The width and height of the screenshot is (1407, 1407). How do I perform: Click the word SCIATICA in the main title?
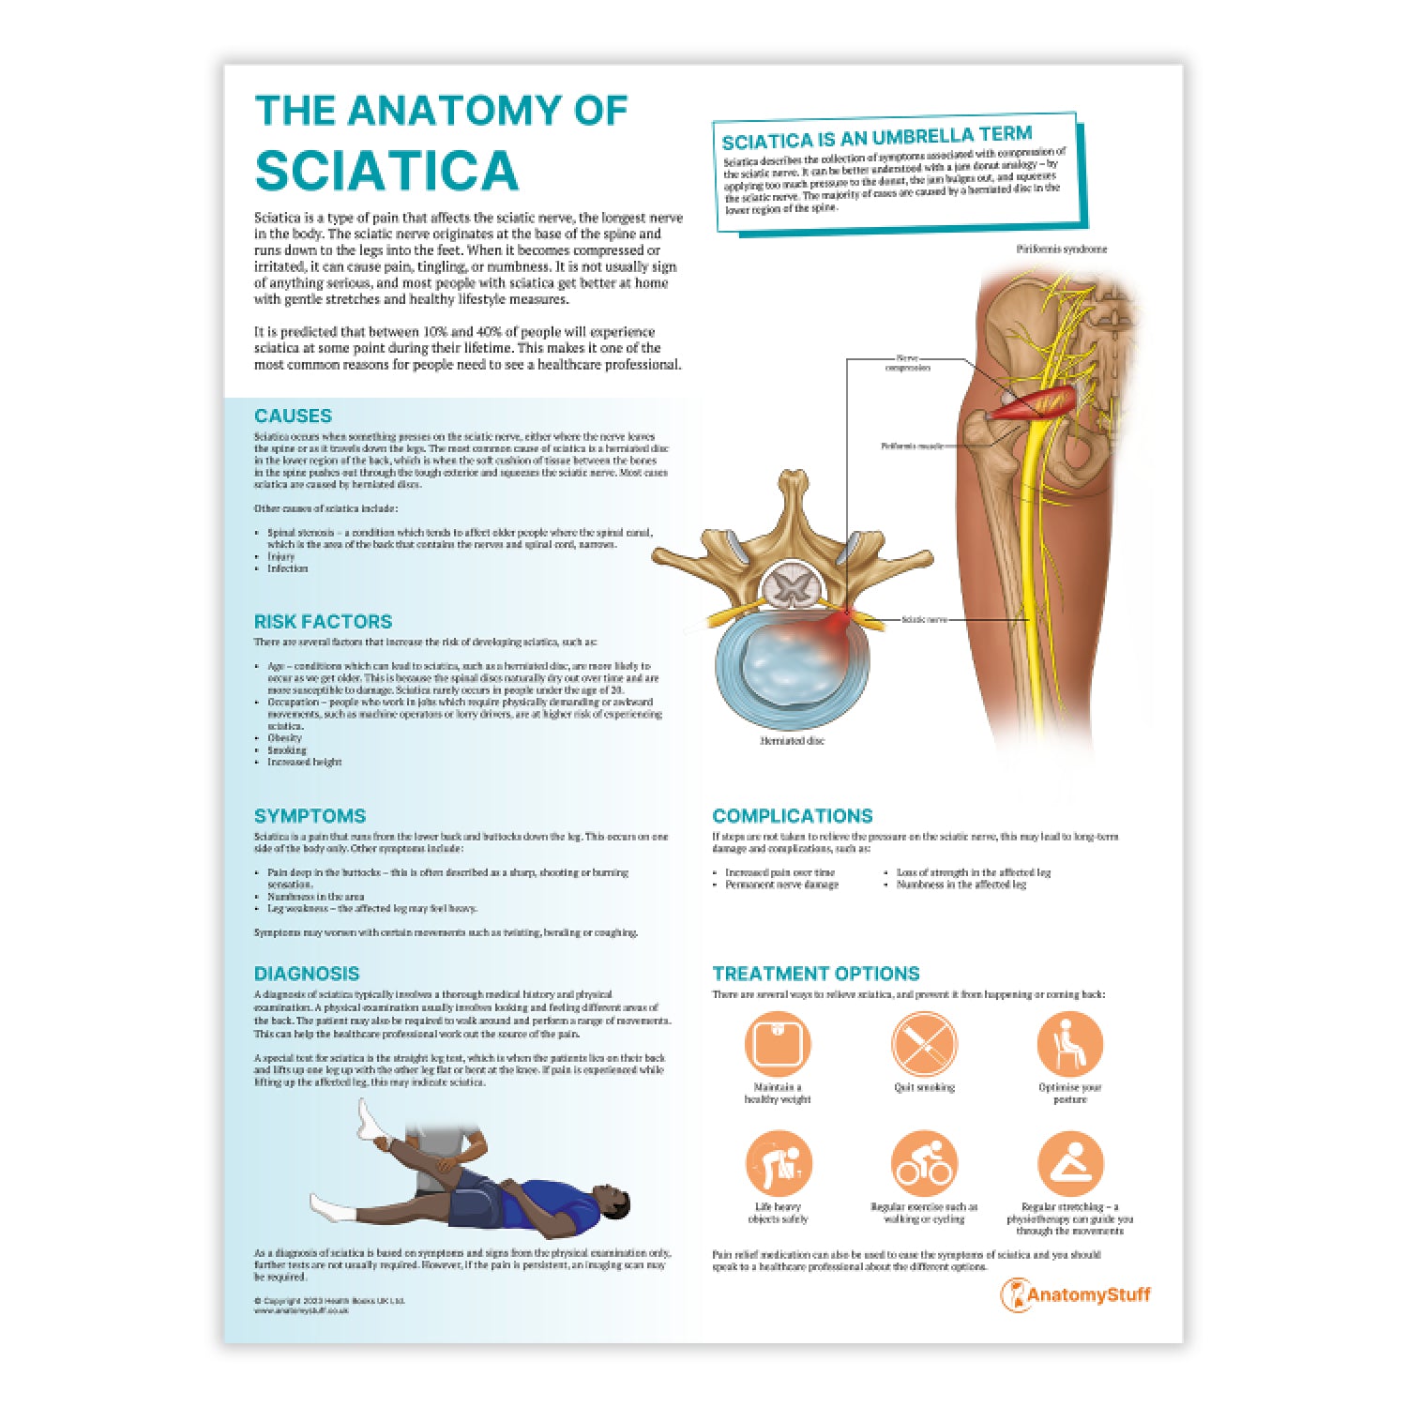tap(386, 170)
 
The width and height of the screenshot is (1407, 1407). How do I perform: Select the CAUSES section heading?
tap(293, 416)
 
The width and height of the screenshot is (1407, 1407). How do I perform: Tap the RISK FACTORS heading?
tap(323, 621)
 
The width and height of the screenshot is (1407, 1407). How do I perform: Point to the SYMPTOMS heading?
tap(310, 815)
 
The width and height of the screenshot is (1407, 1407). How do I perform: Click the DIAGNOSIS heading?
tap(307, 973)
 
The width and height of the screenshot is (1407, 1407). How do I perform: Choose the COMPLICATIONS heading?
tap(792, 815)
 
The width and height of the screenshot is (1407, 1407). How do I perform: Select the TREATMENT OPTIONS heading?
tap(815, 973)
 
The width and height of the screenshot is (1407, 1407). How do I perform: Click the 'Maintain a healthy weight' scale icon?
tap(778, 1043)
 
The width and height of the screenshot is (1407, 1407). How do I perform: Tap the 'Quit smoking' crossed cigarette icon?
tap(924, 1043)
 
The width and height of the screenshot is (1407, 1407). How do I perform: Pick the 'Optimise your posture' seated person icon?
tap(1069, 1043)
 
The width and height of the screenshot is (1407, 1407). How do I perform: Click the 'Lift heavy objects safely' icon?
tap(778, 1163)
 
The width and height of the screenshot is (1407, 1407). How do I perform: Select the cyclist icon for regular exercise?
tap(924, 1163)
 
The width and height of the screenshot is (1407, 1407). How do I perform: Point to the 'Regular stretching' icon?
tap(1069, 1163)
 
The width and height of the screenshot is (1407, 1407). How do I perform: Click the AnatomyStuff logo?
tap(1075, 1295)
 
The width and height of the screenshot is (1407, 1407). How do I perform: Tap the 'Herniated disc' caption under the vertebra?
tap(793, 741)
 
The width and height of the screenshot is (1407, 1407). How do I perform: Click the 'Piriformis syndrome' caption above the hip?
tap(1061, 250)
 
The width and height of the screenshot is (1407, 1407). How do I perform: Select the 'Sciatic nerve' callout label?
tap(923, 619)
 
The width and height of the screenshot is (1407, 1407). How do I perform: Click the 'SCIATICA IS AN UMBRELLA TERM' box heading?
tap(876, 138)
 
